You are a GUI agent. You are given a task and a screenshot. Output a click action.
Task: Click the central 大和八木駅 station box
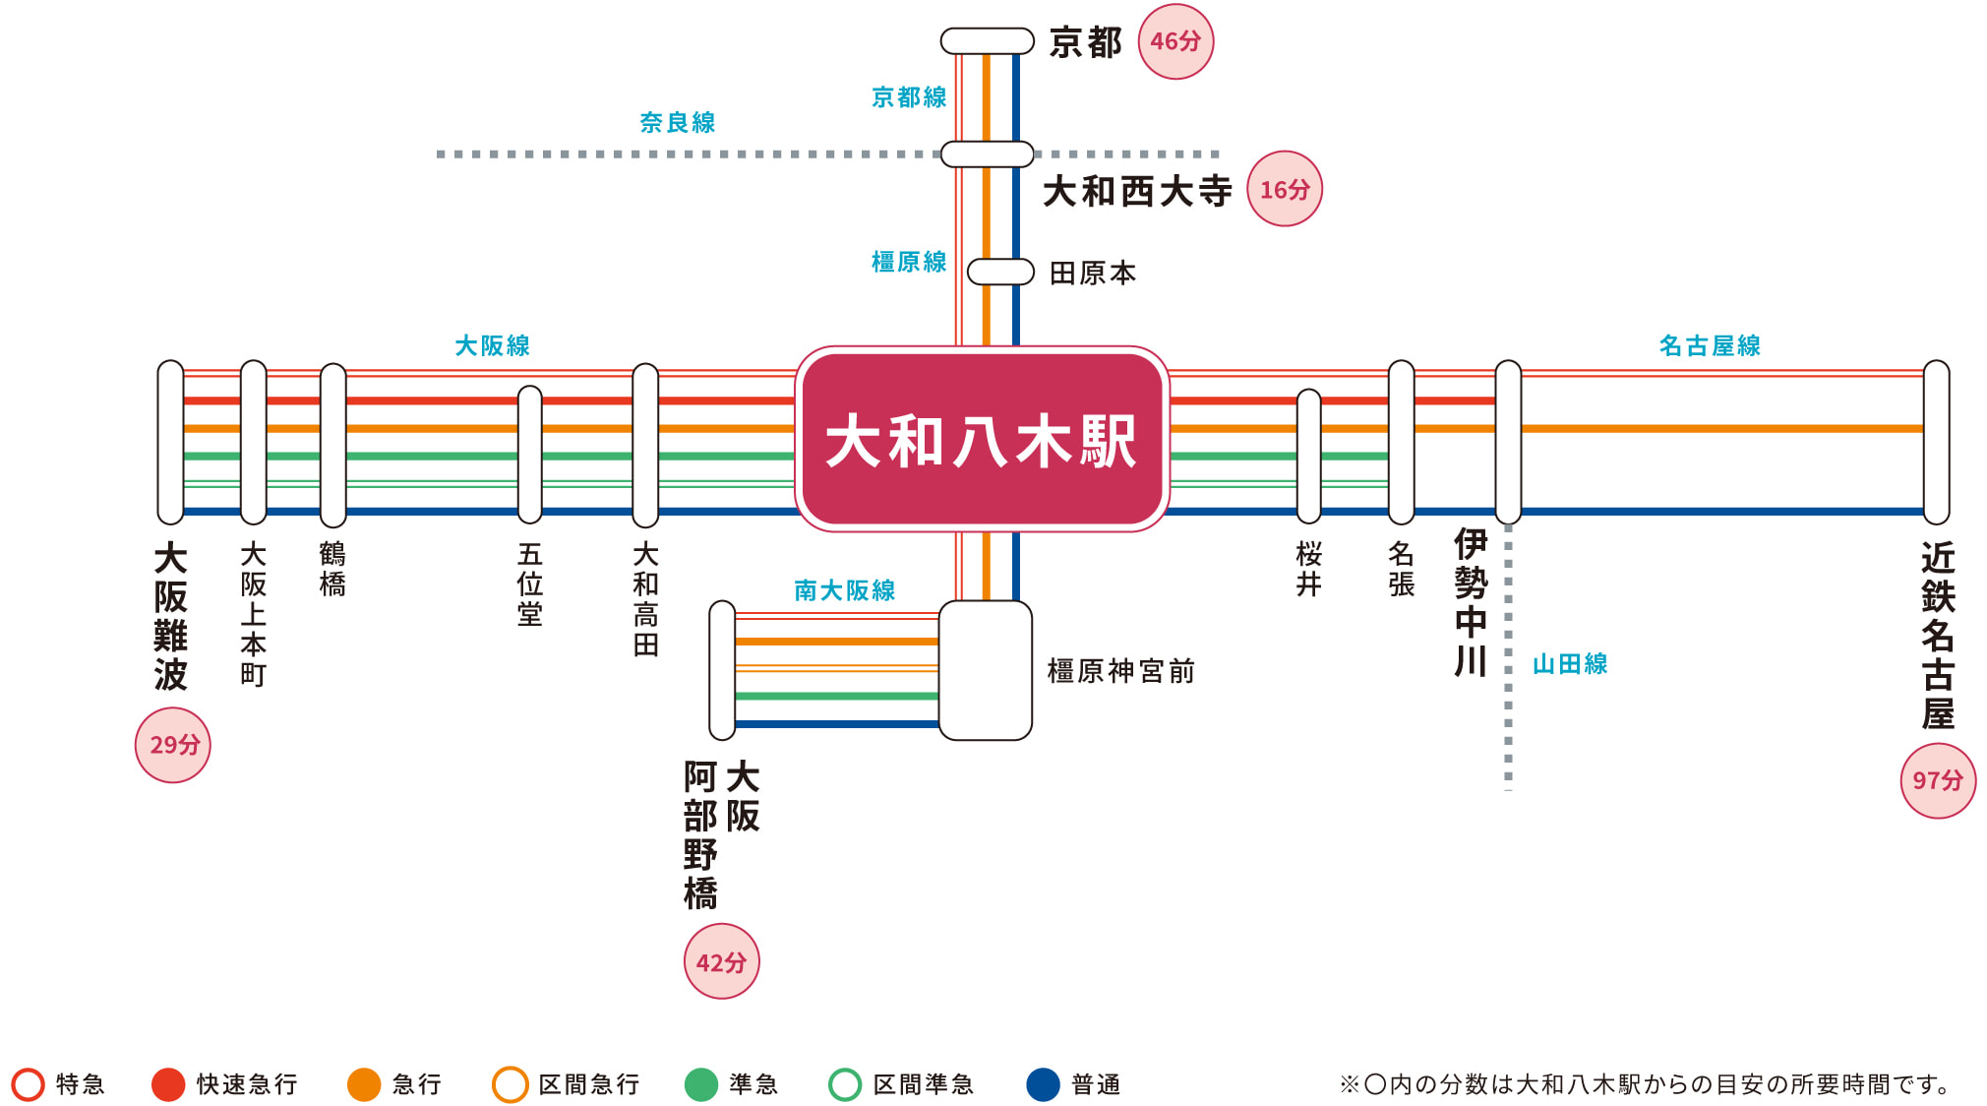(x=982, y=439)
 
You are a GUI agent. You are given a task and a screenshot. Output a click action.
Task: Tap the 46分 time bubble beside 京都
(x=1175, y=41)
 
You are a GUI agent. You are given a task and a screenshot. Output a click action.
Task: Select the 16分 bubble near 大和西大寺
(x=1285, y=189)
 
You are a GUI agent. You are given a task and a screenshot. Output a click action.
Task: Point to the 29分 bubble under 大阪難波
(x=173, y=745)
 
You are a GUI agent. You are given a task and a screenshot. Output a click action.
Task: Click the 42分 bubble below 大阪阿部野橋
(x=721, y=961)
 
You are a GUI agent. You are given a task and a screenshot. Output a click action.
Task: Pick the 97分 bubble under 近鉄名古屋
(x=1938, y=781)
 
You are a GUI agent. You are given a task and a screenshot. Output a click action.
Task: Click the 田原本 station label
(x=1093, y=273)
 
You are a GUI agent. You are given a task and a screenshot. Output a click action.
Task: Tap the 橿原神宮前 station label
(x=1120, y=671)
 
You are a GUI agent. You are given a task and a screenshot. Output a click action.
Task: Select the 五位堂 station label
(x=530, y=584)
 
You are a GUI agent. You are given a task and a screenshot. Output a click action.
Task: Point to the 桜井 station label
(x=1308, y=569)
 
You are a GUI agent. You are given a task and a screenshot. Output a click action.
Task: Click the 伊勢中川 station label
(x=1471, y=602)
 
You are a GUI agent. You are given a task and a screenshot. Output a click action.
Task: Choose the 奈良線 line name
(x=677, y=122)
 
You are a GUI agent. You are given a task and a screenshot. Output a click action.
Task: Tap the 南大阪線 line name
(x=844, y=590)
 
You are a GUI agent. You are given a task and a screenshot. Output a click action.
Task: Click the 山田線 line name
(x=1570, y=664)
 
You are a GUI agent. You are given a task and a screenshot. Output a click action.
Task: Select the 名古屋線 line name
(x=1710, y=345)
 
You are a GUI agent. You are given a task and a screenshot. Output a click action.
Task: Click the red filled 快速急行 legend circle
(x=168, y=1084)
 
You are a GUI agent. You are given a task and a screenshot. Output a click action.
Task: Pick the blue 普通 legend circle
(x=1043, y=1084)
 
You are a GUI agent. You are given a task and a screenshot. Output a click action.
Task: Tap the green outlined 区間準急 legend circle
(x=845, y=1084)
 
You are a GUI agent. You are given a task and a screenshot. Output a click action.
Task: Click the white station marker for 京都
(x=987, y=41)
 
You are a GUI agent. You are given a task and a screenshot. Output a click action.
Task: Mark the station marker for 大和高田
(x=645, y=445)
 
